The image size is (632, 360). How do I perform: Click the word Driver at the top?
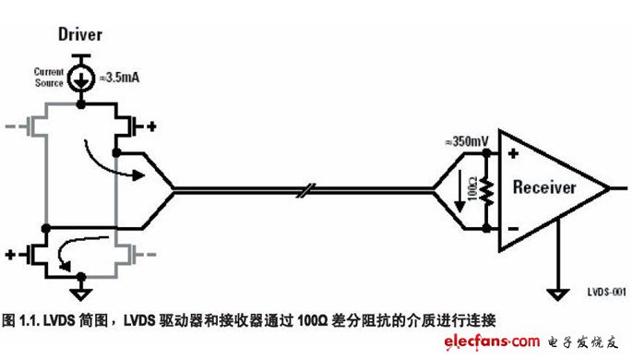pyautogui.click(x=80, y=35)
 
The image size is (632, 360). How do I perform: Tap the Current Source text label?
pyautogui.click(x=48, y=76)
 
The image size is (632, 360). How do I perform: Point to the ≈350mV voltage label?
pyautogui.click(x=466, y=141)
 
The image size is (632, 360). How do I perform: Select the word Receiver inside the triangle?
pyautogui.click(x=543, y=188)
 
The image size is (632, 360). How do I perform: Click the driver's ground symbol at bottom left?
pyautogui.click(x=81, y=294)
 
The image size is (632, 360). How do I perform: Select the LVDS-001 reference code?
pyautogui.click(x=606, y=292)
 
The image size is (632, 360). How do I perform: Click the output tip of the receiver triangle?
pyautogui.click(x=608, y=189)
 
